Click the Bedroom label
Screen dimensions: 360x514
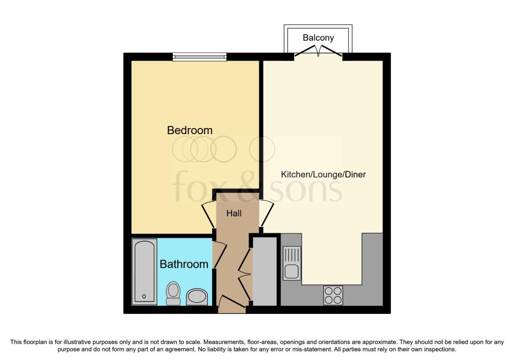click(x=189, y=130)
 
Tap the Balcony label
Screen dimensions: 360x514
click(x=318, y=38)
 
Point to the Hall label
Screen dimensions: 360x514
click(x=234, y=213)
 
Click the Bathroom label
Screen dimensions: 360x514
click(x=184, y=264)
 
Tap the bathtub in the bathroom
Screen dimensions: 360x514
click(x=145, y=271)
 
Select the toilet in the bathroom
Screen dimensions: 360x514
click(x=173, y=293)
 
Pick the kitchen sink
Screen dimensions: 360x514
click(x=291, y=263)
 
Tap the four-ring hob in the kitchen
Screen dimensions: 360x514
click(x=333, y=295)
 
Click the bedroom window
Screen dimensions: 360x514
click(x=199, y=57)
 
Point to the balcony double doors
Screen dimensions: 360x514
click(x=318, y=51)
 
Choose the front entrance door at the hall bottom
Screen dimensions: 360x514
click(x=231, y=303)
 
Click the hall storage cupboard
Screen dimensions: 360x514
click(x=265, y=271)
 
